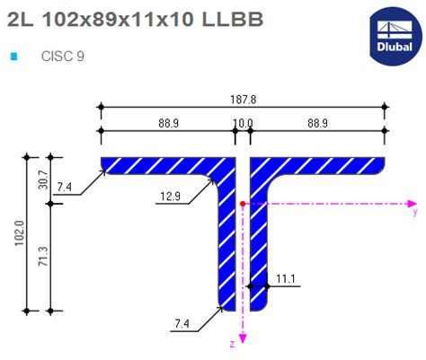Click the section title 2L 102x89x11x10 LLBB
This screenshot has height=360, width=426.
pos(136,20)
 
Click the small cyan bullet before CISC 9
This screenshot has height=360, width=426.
pos(13,57)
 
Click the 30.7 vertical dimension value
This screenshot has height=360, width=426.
pos(41,180)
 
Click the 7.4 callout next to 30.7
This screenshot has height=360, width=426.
pos(65,188)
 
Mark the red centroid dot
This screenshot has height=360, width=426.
pos(243,205)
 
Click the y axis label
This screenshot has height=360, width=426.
pos(414,214)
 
